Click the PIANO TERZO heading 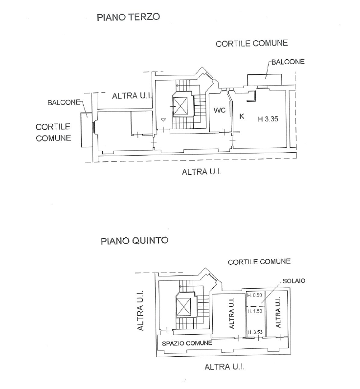128,17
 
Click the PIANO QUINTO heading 135,241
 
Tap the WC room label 220,110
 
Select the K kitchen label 242,116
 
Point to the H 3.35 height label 268,119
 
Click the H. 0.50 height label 255,295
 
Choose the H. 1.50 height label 255,311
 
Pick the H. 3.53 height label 255,332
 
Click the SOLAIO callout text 294,281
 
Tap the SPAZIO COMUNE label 187,343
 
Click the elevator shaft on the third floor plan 180,106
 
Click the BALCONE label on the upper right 288,62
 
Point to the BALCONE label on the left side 64,102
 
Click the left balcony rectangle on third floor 87,130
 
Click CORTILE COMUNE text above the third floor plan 251,44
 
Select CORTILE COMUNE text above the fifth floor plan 259,262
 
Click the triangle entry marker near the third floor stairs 163,120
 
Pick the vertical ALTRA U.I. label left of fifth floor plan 140,311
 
